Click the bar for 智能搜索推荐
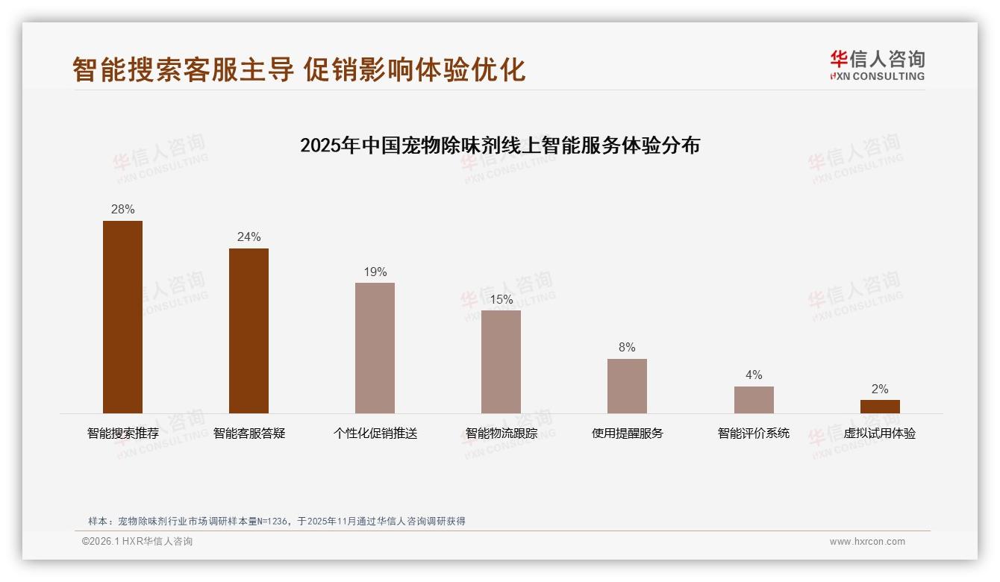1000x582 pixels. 122,317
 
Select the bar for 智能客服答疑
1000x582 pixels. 249,331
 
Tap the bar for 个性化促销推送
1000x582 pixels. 375,348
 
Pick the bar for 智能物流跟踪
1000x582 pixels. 501,362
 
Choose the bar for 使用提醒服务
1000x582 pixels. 627,386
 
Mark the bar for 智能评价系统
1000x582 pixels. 754,400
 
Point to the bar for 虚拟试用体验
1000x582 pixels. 880,407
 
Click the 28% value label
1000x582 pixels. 122,210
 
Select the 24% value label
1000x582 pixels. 249,237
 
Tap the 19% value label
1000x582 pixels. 375,272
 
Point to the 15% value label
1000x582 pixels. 501,299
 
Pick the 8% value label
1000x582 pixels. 627,348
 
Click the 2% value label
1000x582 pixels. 880,389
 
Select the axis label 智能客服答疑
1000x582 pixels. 249,434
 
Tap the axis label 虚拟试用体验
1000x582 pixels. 880,434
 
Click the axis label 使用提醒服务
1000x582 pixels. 627,434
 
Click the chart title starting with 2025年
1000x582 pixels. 500,145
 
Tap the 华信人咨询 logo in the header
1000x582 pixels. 877,66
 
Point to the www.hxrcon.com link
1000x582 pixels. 867,542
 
